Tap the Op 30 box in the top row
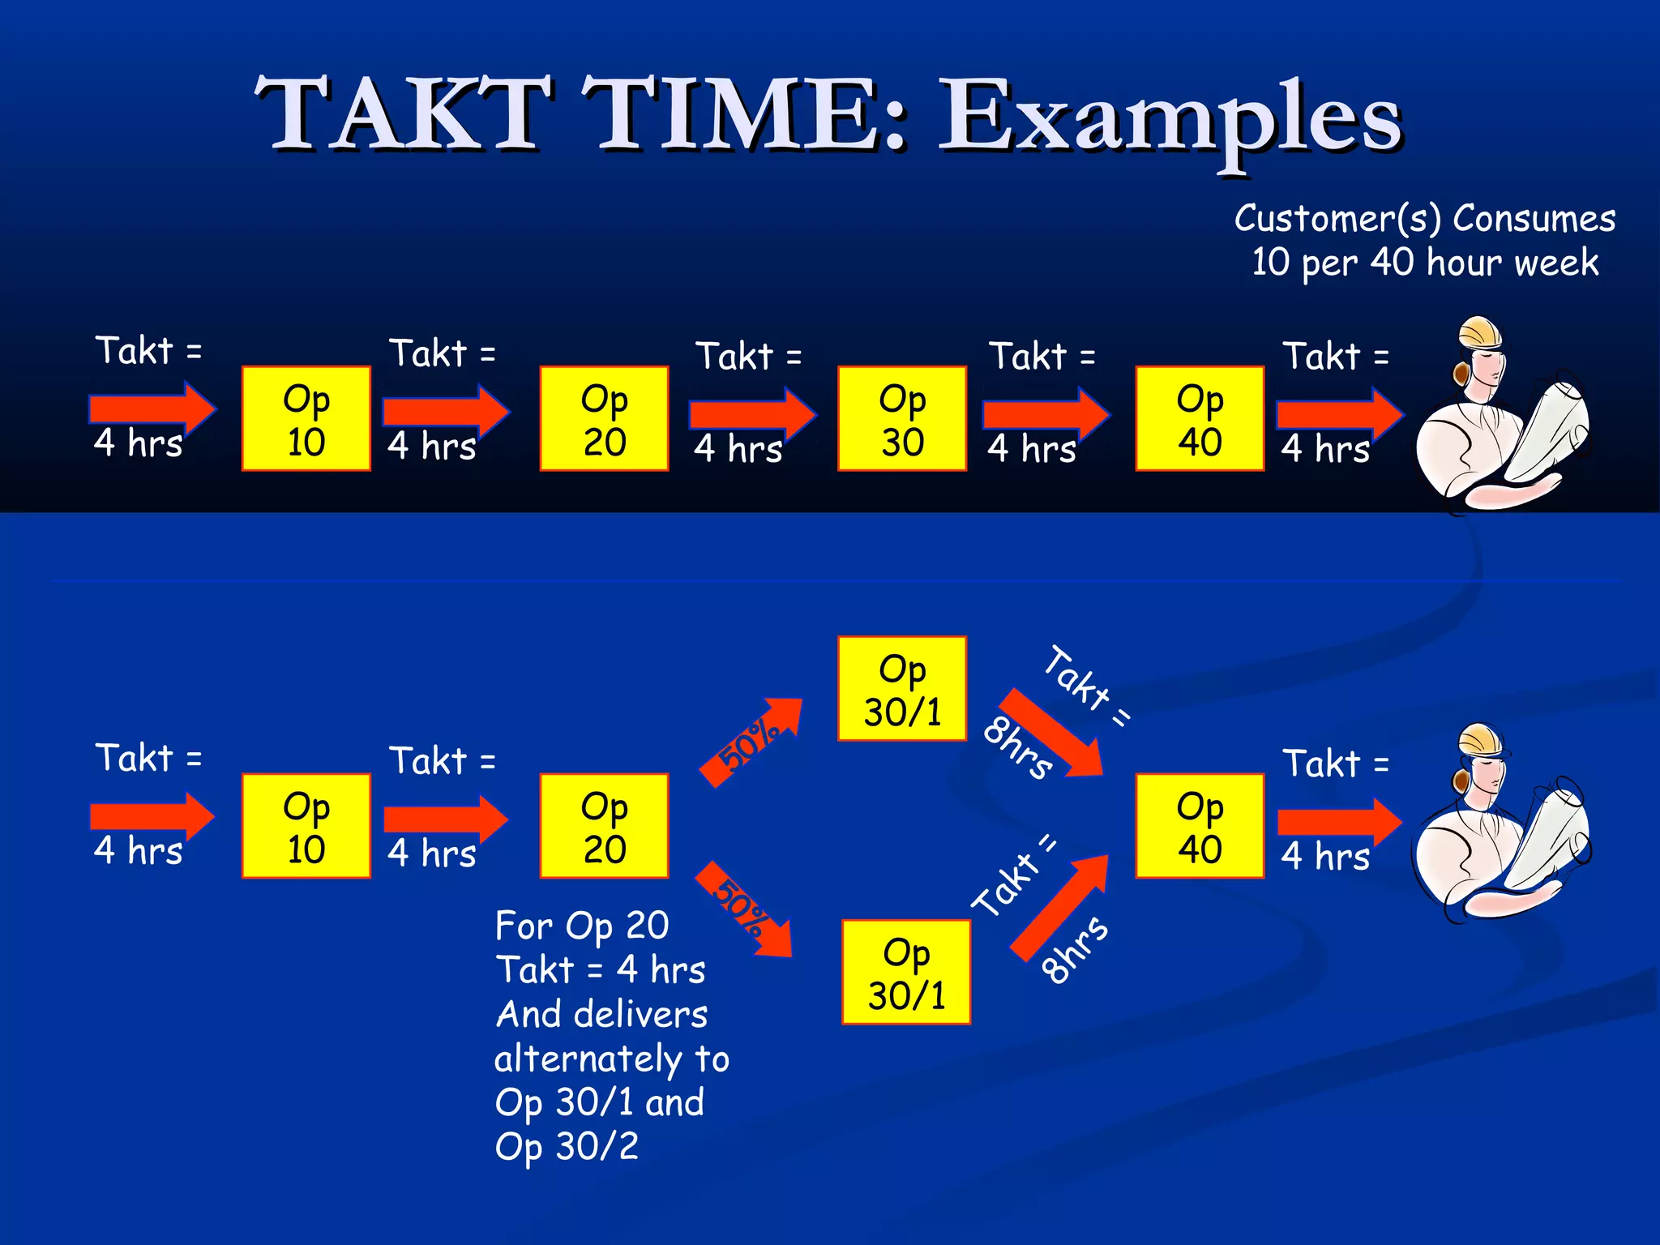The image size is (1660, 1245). (x=901, y=418)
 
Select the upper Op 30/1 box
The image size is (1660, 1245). (x=901, y=689)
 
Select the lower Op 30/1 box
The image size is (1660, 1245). (x=905, y=972)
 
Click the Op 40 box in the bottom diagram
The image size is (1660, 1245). (x=1199, y=825)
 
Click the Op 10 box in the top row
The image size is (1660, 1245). (x=306, y=418)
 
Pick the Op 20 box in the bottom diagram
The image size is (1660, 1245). (x=604, y=825)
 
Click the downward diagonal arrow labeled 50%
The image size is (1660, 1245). (x=744, y=909)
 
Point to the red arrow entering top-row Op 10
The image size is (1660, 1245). (x=152, y=409)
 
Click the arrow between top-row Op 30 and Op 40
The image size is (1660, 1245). (x=1046, y=414)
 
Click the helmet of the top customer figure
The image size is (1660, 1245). (x=1480, y=333)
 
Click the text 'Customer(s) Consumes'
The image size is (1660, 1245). (x=1424, y=219)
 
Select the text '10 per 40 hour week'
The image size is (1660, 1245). (x=1424, y=263)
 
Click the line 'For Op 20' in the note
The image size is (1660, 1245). (x=581, y=926)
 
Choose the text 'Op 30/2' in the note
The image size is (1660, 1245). (x=567, y=1147)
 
